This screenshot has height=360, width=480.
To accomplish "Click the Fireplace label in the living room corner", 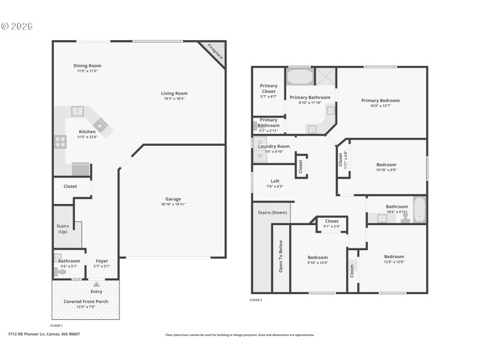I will [x=214, y=52].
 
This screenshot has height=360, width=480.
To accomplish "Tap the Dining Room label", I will [x=87, y=65].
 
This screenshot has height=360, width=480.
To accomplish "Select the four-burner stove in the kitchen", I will [x=61, y=142].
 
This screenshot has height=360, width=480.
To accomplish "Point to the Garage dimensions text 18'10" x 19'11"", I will [x=173, y=204].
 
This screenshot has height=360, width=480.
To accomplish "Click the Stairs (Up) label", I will [x=62, y=229].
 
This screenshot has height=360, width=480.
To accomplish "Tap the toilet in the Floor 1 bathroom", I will [x=60, y=272].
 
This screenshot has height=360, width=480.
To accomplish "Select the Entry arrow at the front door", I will [x=97, y=283].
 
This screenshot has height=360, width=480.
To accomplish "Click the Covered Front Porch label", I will [x=86, y=301].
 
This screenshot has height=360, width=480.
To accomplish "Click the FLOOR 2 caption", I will [x=256, y=299].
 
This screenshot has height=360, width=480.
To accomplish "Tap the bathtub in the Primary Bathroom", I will [x=299, y=78].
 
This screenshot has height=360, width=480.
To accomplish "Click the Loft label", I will [x=275, y=181].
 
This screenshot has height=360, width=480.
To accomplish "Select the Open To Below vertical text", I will [x=280, y=257].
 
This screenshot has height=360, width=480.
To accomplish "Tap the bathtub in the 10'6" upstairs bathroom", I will [x=419, y=212].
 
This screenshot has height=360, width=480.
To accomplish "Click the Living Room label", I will [x=174, y=93].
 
